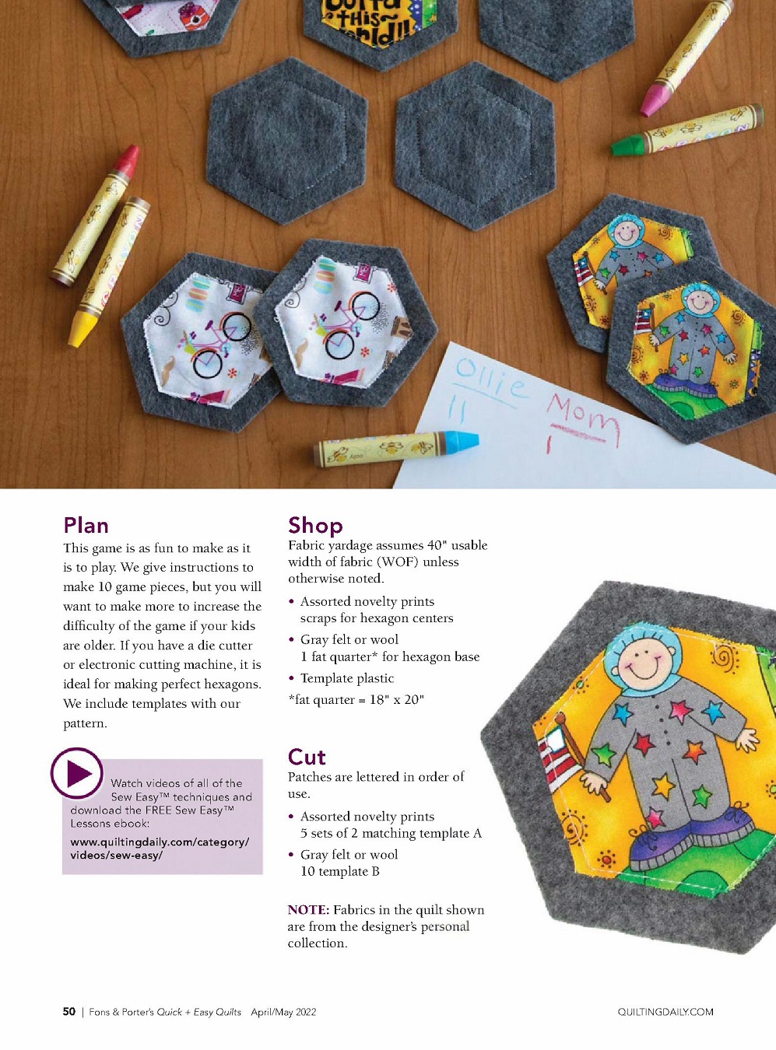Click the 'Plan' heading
[86, 526]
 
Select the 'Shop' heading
[315, 526]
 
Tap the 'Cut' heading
[307, 757]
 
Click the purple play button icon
[77, 773]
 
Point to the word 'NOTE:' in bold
[308, 910]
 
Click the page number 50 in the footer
[69, 1012]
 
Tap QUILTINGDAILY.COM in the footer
[665, 1012]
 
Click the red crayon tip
[128, 159]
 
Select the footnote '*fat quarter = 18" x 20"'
[356, 700]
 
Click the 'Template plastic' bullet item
[347, 678]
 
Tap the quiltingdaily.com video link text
[160, 849]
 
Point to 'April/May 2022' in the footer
[283, 1012]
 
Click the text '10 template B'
[339, 872]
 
